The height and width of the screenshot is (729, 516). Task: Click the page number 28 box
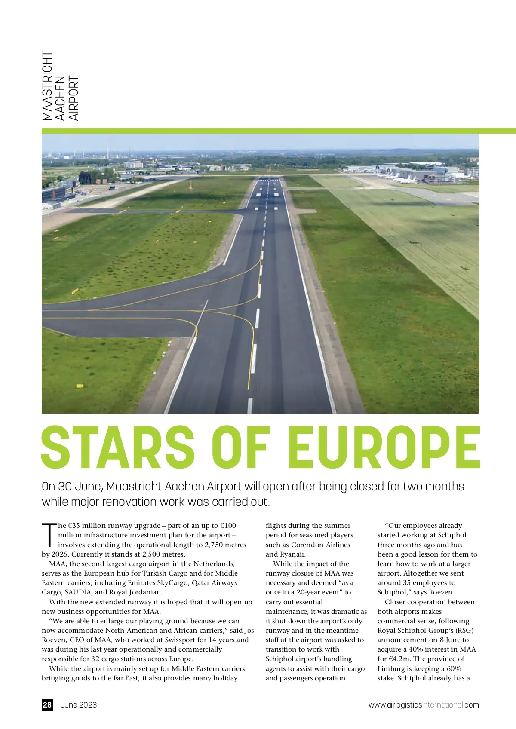point(47,704)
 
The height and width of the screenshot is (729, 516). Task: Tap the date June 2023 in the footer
point(79,704)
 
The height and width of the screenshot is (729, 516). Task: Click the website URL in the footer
point(424,704)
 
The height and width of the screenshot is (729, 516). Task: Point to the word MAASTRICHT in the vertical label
point(47,86)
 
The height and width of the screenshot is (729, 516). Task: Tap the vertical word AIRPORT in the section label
point(74,98)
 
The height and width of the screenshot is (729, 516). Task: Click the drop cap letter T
point(49,534)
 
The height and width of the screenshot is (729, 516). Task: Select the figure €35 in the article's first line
point(74,525)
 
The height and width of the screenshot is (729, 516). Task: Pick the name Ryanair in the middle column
point(292,554)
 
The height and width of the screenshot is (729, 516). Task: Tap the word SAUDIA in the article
point(78,592)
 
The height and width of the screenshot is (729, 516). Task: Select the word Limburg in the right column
point(391,668)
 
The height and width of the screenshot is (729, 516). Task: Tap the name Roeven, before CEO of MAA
point(54,640)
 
